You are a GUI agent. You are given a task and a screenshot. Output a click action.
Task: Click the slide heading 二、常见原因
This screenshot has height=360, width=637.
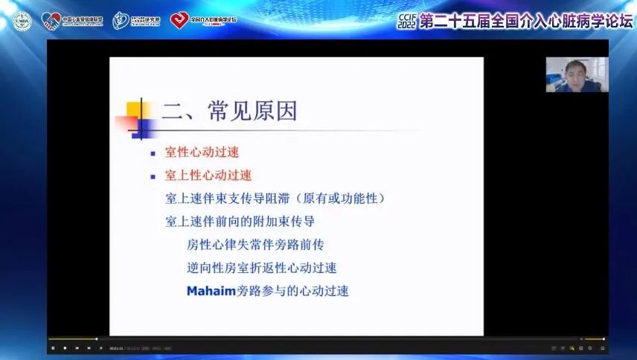click(x=229, y=111)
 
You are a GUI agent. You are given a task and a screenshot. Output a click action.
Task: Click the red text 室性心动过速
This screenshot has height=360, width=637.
click(x=202, y=152)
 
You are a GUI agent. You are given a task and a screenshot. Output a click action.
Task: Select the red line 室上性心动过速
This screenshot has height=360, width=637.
click(x=208, y=176)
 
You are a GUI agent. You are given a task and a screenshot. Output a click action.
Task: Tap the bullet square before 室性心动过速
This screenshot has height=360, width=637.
click(x=153, y=153)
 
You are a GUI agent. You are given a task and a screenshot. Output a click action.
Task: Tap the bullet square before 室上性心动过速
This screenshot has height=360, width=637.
click(x=153, y=176)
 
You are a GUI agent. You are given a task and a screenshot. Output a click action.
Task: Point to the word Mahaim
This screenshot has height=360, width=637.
click(x=211, y=291)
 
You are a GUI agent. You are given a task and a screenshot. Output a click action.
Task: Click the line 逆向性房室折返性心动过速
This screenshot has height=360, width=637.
click(x=267, y=268)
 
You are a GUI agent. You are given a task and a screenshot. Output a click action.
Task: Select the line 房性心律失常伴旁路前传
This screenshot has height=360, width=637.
click(x=255, y=245)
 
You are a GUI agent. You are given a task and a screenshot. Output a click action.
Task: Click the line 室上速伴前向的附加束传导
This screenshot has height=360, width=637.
click(x=240, y=222)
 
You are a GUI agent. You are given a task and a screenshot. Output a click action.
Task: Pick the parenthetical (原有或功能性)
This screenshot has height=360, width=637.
click(x=339, y=199)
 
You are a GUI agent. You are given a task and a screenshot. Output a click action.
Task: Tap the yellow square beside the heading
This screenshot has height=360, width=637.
click(x=135, y=109)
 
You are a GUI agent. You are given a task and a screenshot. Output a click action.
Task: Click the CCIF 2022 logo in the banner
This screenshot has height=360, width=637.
click(x=408, y=20)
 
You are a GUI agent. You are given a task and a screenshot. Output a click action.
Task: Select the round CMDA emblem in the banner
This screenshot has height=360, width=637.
click(x=22, y=22)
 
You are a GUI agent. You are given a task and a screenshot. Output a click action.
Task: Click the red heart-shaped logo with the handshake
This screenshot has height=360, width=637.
click(x=51, y=21)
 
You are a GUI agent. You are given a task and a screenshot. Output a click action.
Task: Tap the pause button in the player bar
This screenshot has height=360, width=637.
click(x=53, y=348)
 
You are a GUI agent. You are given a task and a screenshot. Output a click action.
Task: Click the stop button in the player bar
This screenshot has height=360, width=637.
click(x=65, y=348)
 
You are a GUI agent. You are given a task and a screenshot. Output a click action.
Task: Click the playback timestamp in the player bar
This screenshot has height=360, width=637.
click(x=123, y=348)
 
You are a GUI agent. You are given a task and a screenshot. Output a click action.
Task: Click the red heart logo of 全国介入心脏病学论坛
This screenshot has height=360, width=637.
click(x=179, y=21)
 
